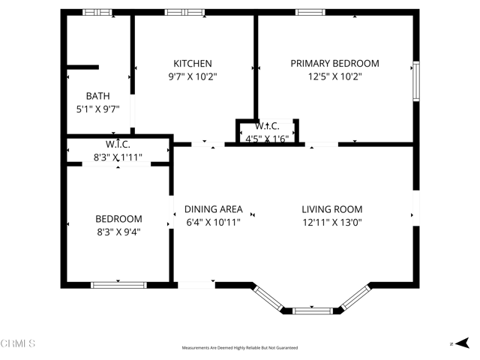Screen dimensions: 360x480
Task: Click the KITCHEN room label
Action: pos(193,64)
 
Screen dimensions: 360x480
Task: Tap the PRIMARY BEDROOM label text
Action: pos(334,64)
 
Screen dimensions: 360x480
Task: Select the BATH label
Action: pos(97,96)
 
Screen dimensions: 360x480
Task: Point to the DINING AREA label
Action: pos(213,209)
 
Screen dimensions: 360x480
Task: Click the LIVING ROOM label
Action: pos(331,209)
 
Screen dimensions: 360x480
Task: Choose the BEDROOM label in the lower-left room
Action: pos(118,219)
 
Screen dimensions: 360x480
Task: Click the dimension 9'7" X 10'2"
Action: pos(193,76)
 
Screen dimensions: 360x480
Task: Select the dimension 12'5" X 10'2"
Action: pos(334,76)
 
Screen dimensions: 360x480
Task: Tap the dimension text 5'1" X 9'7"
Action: pos(97,109)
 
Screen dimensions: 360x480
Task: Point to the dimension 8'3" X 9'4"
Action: pos(118,232)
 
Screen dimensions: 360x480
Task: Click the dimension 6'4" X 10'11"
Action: pos(213,222)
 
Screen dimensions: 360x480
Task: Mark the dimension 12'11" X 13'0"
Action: pos(331,222)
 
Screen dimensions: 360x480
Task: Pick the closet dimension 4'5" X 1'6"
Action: pos(267,138)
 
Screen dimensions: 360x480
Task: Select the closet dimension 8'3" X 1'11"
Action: pos(118,157)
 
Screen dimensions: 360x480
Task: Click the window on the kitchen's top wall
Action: pos(184,12)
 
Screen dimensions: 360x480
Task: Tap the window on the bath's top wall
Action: pos(97,12)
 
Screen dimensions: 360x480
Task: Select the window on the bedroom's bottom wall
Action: pos(118,285)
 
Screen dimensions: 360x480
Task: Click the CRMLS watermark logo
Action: pos(18,343)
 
